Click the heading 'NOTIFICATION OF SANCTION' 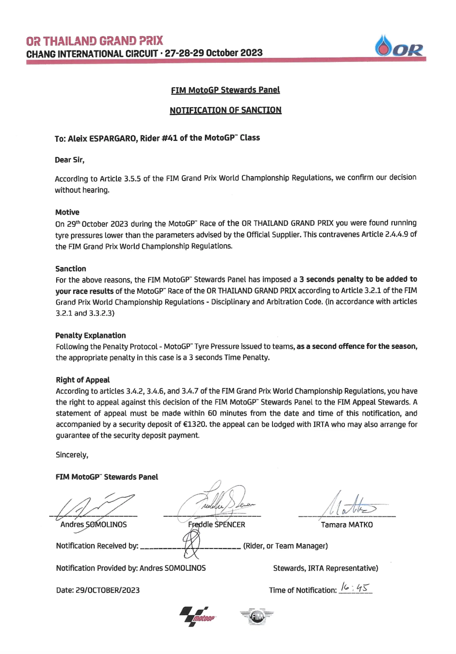coord(225,110)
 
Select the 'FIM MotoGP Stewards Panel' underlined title coord(225,90)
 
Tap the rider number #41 coord(169,138)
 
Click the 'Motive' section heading coord(67,212)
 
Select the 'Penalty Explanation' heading coord(91,335)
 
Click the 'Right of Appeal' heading coord(83,380)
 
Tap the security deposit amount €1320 coord(194,424)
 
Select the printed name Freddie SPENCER coord(216,525)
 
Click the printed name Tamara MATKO coord(347,525)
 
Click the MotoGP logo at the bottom coord(198,617)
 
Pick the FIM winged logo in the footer coord(257,617)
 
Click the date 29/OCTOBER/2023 coord(107,590)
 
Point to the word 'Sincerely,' coord(72,455)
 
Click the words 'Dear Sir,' coord(70,160)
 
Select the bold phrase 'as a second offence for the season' coord(357,346)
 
